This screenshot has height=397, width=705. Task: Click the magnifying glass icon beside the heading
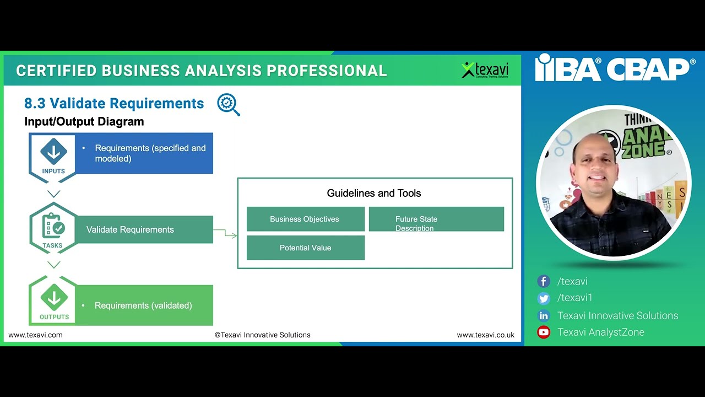(x=229, y=104)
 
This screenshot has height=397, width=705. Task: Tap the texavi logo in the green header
(x=485, y=70)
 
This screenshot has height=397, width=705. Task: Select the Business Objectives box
(x=305, y=219)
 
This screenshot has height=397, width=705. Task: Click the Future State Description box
(x=436, y=219)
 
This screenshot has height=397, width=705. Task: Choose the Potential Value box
(x=305, y=248)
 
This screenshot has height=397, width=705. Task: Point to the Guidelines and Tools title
(x=373, y=193)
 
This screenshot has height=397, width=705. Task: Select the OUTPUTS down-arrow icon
(x=53, y=298)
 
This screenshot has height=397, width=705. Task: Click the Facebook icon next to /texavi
(x=544, y=281)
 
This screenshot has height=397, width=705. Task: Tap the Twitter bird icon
(x=544, y=298)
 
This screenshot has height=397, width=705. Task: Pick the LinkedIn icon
(x=544, y=316)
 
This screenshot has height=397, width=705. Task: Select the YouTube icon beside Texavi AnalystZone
(x=544, y=332)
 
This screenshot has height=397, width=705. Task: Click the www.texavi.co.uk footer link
(x=485, y=335)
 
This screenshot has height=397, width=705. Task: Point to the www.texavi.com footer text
(x=35, y=335)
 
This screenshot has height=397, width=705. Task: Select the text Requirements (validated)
(x=143, y=305)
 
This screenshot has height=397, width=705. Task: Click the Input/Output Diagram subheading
(x=84, y=122)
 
